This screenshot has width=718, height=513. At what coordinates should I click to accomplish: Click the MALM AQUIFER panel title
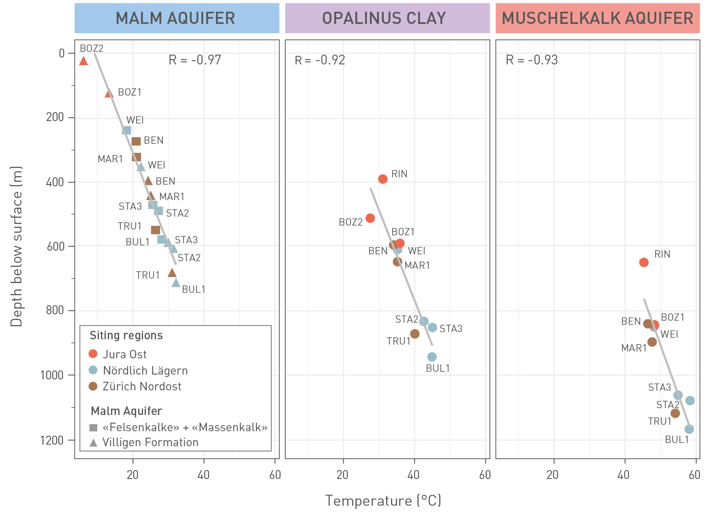click(x=175, y=18)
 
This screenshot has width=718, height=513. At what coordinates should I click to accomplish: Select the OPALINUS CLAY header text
click(x=384, y=18)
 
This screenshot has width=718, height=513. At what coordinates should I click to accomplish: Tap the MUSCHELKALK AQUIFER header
click(x=598, y=18)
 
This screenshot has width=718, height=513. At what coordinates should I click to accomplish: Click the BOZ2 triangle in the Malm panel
click(x=83, y=61)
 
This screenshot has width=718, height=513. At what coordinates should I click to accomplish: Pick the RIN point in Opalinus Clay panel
click(x=383, y=179)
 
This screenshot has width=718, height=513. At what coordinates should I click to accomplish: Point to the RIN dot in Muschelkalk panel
click(x=644, y=262)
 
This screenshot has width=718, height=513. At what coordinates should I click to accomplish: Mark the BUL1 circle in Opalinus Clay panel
click(x=432, y=357)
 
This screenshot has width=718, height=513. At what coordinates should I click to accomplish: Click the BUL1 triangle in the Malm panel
click(x=176, y=283)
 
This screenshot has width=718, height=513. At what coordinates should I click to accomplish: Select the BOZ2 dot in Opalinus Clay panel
click(x=370, y=218)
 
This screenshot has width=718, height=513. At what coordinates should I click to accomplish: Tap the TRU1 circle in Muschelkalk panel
click(x=675, y=413)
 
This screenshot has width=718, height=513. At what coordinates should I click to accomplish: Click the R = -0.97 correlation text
click(x=195, y=60)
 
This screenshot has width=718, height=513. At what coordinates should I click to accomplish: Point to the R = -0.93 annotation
click(x=532, y=60)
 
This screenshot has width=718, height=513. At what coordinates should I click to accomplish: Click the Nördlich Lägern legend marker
click(x=93, y=370)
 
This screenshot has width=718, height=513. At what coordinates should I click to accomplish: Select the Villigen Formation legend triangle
click(x=93, y=443)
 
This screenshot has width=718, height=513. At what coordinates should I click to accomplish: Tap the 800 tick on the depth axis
click(x=55, y=310)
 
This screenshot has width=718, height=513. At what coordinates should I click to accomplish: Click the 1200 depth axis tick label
click(x=52, y=440)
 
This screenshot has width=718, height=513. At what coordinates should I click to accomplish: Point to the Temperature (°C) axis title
click(x=383, y=500)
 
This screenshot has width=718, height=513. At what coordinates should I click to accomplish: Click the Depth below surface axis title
click(x=16, y=246)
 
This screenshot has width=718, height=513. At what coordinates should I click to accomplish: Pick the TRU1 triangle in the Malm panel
click(x=172, y=273)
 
